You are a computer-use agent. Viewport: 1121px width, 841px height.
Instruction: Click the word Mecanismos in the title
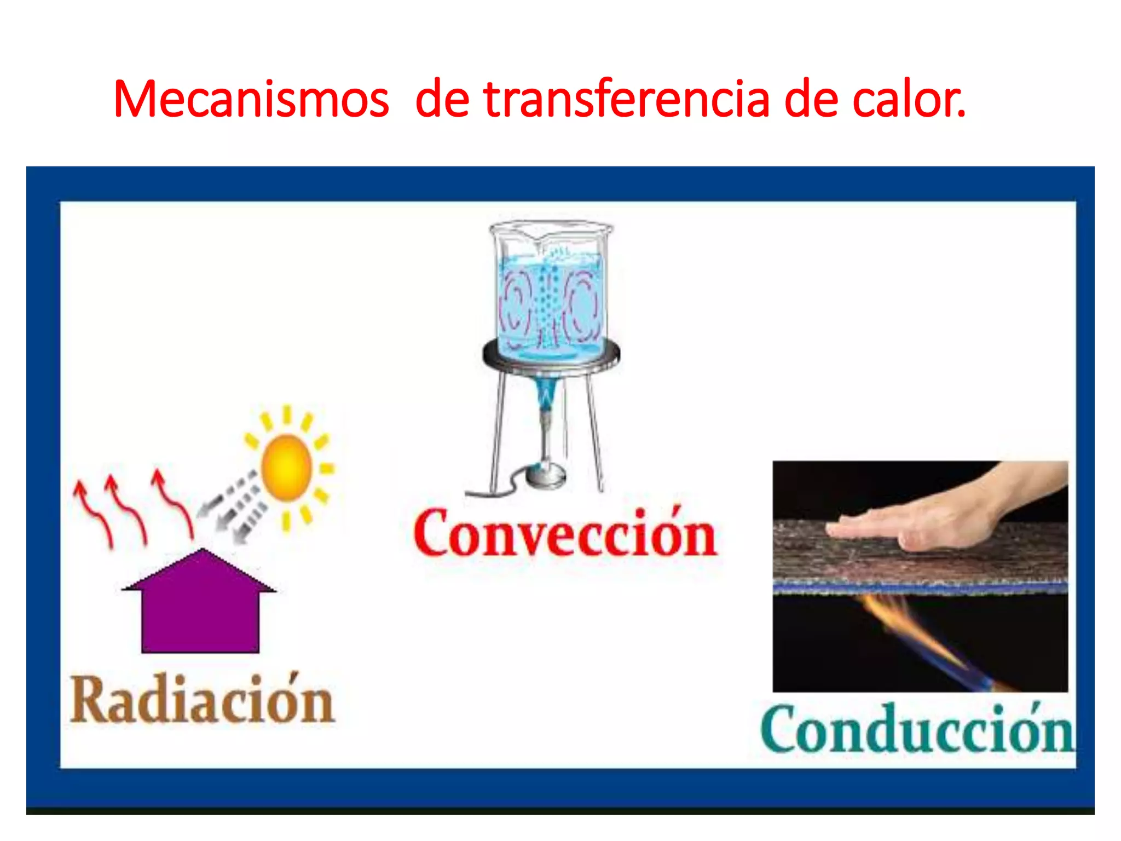[251, 99]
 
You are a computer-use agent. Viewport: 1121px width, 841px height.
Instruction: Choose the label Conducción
[917, 730]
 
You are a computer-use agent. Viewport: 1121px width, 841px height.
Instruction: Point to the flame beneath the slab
[920, 635]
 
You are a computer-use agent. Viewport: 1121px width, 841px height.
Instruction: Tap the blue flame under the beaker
[546, 394]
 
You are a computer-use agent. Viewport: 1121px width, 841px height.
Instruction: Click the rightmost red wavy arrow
[174, 504]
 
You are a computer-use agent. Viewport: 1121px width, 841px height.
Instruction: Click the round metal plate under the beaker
[551, 357]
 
